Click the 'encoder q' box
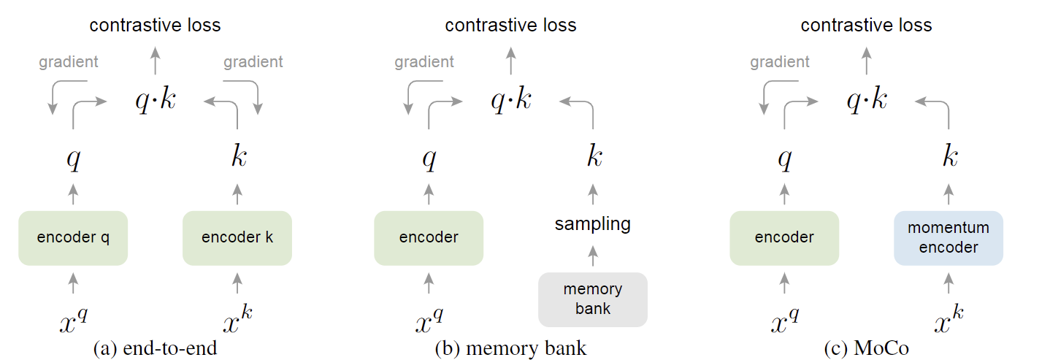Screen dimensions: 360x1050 [73, 238]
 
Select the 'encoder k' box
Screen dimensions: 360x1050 [237, 238]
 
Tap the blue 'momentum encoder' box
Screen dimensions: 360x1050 [949, 238]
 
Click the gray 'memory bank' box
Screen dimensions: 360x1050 [593, 299]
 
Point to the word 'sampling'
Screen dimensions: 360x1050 [593, 224]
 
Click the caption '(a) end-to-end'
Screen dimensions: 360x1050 [156, 349]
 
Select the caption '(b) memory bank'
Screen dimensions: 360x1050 [510, 349]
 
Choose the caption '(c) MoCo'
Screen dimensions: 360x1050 [867, 349]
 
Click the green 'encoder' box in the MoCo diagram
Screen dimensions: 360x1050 [784, 238]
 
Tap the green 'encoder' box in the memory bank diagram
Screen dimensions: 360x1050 [429, 238]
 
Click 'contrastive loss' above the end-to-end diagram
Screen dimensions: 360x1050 [155, 26]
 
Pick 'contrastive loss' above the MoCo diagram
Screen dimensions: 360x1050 [866, 26]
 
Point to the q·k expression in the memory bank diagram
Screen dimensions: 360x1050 [511, 100]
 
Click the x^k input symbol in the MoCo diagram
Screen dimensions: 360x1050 [949, 320]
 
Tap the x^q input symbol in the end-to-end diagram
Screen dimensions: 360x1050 [73, 320]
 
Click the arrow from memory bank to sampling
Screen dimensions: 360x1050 [593, 255]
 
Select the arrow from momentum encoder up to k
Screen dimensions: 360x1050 [949, 194]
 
